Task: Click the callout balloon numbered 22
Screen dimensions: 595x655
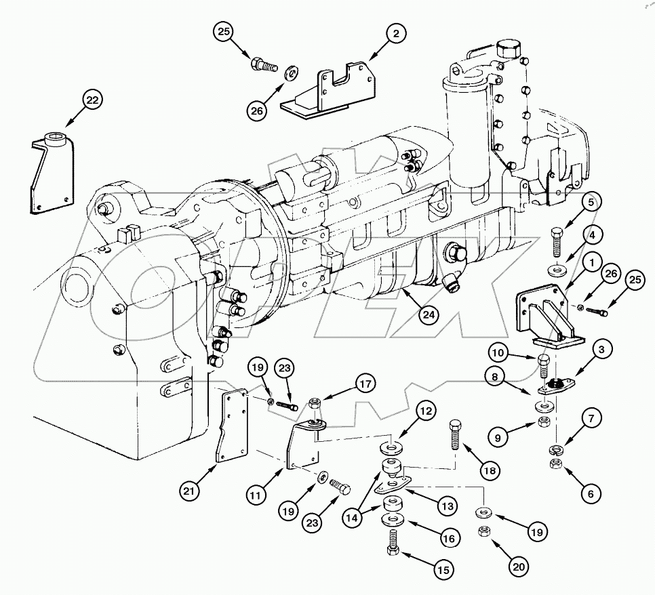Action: [92, 100]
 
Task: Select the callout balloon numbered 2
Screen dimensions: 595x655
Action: [395, 32]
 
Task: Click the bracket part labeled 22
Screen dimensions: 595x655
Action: [51, 173]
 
